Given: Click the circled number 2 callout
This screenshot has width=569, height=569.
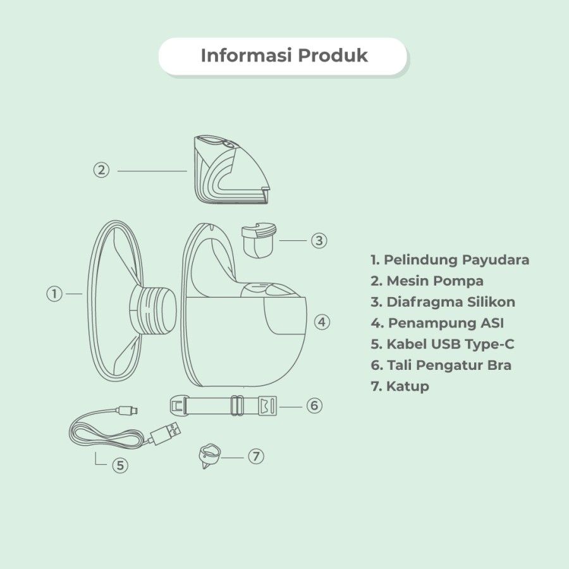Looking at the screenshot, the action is pos(101,170).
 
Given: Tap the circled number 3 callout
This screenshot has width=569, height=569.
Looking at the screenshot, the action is pos(319,240).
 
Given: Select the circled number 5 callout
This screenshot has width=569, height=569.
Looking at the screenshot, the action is pos(120,465).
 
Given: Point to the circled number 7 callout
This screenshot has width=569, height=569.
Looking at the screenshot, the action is pos(256,456).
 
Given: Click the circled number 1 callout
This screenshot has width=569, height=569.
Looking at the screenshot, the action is pos(54,293).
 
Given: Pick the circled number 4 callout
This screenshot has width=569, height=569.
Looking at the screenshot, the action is pos(322,322).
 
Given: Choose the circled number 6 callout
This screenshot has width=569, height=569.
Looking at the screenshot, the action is pos(314,405).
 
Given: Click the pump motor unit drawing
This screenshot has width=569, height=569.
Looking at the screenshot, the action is pos(231,169).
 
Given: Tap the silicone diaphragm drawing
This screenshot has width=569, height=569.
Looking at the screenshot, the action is pos(259,240).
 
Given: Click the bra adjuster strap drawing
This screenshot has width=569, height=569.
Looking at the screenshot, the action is pos(224,406).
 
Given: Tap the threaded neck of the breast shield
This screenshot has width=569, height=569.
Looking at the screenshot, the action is pos(154,310).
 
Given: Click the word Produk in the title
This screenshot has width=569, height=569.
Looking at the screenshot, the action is pos(333,56).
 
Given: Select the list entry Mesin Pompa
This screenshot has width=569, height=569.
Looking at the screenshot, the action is pos(427,281).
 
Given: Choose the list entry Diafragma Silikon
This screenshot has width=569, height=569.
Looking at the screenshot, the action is pos(443,302).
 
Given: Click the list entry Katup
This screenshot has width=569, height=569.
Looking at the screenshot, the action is pos(400,386).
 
